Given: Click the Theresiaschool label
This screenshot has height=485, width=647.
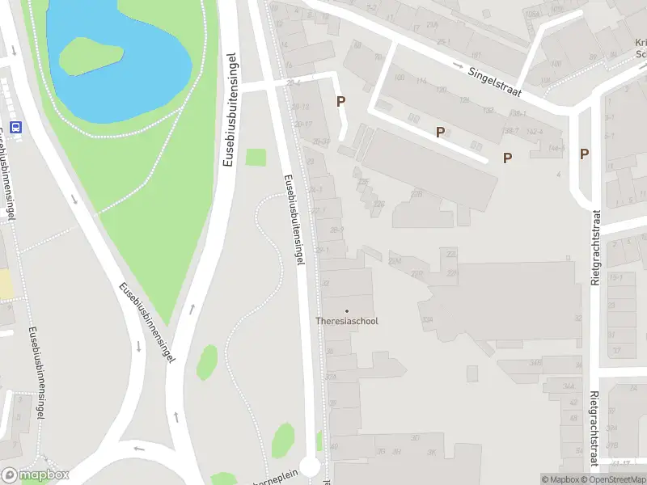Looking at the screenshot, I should point(346,321).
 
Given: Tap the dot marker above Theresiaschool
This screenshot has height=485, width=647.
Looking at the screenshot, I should point(347,310).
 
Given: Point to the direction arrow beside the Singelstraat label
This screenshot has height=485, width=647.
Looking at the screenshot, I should point(459,65).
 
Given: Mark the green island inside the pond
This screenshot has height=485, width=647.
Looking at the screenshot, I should point(91,54).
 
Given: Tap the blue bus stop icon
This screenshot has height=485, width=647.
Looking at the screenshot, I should point(15,126).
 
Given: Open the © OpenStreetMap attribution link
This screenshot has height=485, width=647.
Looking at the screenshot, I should point(612,479).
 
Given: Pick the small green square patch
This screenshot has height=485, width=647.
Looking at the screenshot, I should point(256,157).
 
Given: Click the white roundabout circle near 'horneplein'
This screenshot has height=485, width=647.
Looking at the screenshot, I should point(310,467).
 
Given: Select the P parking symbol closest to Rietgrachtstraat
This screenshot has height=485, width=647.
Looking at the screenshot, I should point(584,154).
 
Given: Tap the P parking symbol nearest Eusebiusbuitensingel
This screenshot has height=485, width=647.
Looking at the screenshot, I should point(341,102).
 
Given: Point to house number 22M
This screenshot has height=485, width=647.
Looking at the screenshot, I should point(395,261).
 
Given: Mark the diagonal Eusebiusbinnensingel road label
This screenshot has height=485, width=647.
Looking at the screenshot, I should point(146,322).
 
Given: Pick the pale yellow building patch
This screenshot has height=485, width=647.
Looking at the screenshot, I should point(5,284).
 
